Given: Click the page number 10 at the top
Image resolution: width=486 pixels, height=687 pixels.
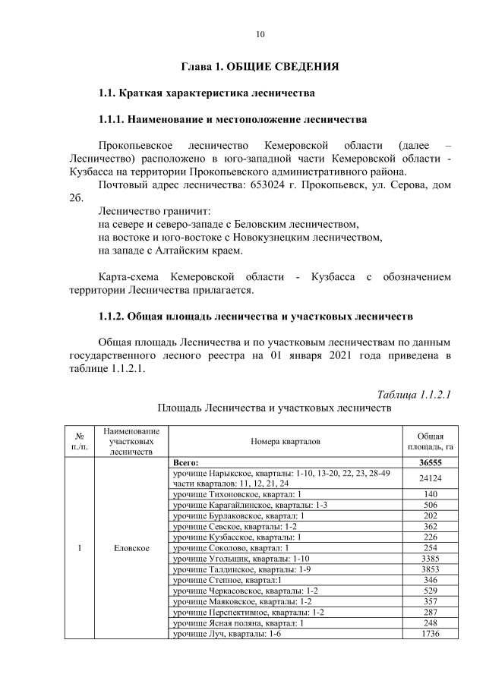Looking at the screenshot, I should pyautogui.click(x=260, y=34).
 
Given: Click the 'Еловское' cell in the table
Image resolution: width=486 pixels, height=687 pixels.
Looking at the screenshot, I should pyautogui.click(x=131, y=547).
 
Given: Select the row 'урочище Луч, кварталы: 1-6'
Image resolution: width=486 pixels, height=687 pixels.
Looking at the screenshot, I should pyautogui.click(x=226, y=634).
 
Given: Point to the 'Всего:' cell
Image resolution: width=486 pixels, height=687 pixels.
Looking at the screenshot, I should pyautogui.click(x=186, y=462).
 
